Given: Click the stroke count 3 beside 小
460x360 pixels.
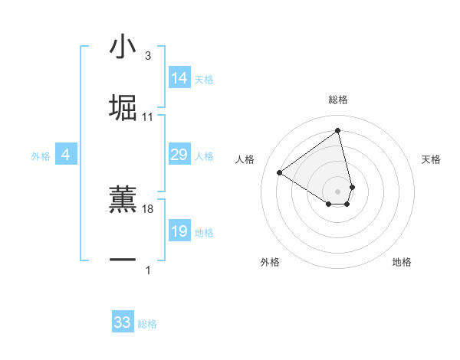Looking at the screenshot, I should pos(147,56).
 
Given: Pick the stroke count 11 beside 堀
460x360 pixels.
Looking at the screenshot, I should pos(148,117).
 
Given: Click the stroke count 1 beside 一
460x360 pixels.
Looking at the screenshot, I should pos(147,270).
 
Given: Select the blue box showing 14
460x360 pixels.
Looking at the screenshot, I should pos(179,78).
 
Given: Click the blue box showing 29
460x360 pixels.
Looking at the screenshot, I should pos(179,155).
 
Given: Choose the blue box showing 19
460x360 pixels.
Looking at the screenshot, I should pos(179,231).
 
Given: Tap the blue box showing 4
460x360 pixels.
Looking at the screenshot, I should pos(66,155).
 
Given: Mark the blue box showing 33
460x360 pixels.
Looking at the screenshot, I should pos(123,322).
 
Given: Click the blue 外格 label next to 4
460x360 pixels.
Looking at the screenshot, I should pos(41,156).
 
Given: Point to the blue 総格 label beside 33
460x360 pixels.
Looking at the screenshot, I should pos(147,324).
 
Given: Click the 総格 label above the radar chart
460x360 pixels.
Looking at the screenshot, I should pos(338,100).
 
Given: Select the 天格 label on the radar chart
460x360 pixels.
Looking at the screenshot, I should pos(432,159).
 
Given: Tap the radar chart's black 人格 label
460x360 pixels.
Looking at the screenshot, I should pos(245,159).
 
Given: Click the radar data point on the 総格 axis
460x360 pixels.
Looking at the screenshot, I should pos(338,131).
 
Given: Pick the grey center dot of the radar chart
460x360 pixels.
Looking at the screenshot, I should pos(338,190).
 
